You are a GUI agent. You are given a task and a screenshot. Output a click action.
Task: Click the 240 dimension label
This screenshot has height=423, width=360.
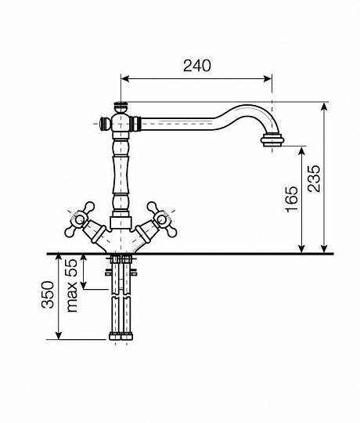[197, 66]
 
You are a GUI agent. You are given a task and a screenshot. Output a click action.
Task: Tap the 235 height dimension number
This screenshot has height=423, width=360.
[314, 179]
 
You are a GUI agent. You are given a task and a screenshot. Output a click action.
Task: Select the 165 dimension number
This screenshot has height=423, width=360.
[292, 199]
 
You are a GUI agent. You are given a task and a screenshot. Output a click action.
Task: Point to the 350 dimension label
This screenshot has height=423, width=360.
[48, 295]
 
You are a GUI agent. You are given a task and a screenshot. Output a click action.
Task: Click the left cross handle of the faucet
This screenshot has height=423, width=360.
[80, 220]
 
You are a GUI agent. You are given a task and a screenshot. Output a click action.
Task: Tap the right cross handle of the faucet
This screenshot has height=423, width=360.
[162, 219]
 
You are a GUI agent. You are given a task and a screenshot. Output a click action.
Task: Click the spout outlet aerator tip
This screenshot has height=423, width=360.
[272, 140]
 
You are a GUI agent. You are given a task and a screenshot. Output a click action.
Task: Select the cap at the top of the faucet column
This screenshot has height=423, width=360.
[121, 107]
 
